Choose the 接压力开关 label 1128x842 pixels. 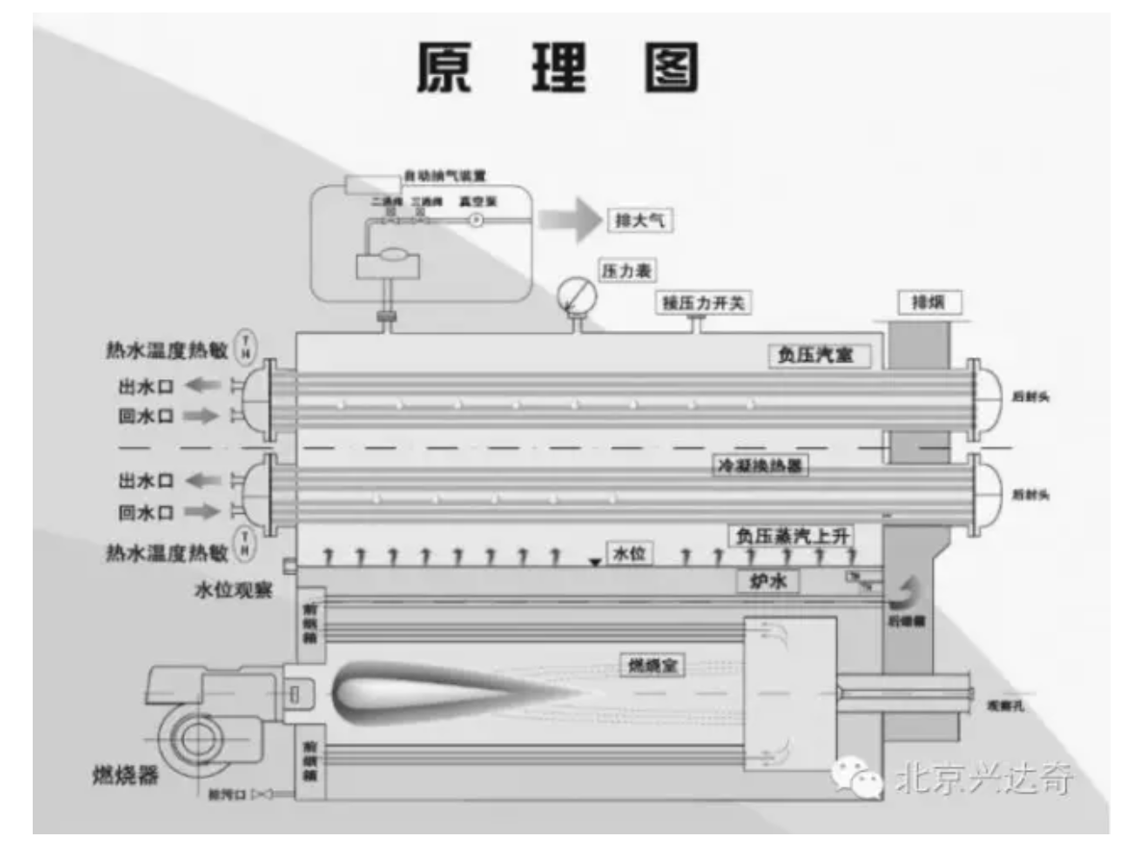[705, 303]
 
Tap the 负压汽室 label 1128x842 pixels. [817, 355]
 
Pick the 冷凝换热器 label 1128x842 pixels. [758, 467]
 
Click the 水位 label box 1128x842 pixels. [628, 555]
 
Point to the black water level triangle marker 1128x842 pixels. [595, 563]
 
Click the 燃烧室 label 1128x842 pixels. [651, 665]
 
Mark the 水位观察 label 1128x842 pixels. [232, 589]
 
